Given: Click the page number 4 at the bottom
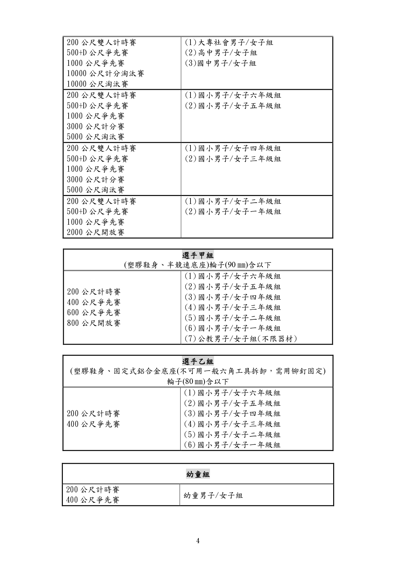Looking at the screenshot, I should click(x=198, y=541).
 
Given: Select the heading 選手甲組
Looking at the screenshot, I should click(x=198, y=255).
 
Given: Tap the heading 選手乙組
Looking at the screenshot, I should click(x=198, y=362).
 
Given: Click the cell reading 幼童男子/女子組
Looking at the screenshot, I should click(x=213, y=495).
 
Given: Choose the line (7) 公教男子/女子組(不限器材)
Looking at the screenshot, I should click(x=241, y=339).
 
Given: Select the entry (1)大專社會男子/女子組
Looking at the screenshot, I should click(x=229, y=43).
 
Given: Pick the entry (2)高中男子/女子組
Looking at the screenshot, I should click(x=221, y=53).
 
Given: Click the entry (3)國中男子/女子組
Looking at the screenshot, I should click(x=220, y=63).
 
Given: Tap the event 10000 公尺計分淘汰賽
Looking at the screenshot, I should click(x=106, y=74).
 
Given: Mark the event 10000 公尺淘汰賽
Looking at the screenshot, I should click(x=98, y=84).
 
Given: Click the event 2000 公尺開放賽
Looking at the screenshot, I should click(x=95, y=232).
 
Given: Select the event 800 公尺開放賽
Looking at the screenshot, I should click(x=94, y=323).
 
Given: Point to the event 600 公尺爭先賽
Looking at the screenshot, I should click(x=94, y=313).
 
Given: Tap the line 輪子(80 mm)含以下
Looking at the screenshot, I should click(x=198, y=381).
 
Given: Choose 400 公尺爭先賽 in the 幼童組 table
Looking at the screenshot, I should click(x=93, y=500).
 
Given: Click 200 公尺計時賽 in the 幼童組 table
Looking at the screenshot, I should click(x=93, y=490).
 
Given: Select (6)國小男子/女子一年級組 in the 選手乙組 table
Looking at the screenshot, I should click(x=232, y=445).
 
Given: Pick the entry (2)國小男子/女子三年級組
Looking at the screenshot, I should click(x=233, y=159).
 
